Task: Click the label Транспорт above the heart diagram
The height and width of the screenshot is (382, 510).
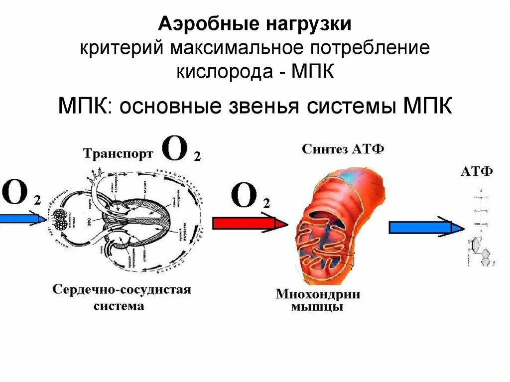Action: coord(118,153)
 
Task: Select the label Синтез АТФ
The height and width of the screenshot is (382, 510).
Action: coord(344,149)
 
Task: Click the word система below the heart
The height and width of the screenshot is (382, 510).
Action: coord(119,305)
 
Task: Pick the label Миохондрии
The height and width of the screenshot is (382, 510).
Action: coord(318,293)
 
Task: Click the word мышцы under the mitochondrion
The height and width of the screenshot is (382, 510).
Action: coord(317,307)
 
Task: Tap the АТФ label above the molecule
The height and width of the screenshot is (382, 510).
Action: coord(477,172)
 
